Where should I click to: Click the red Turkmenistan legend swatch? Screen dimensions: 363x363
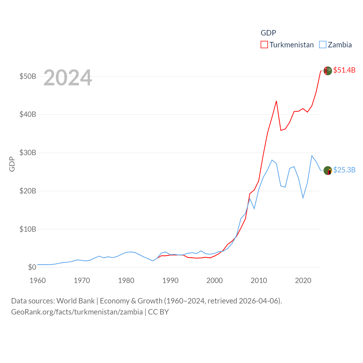[x=264, y=45]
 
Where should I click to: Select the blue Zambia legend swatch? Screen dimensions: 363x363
[x=323, y=45]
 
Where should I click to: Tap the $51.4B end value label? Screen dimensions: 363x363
[x=344, y=70]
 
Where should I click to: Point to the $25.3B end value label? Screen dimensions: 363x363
[x=344, y=170]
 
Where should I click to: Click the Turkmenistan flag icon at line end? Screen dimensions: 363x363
[x=328, y=71]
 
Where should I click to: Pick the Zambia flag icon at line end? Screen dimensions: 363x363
[x=328, y=170]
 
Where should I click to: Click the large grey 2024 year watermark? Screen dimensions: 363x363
[x=68, y=77]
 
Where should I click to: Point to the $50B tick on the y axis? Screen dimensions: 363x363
[x=28, y=76]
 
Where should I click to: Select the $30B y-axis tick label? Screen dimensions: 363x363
[x=28, y=153]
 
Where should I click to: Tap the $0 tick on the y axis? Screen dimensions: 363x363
[x=32, y=267]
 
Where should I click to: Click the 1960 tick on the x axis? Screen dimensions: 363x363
[x=38, y=280]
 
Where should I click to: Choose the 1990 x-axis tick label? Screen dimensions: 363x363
[x=170, y=280]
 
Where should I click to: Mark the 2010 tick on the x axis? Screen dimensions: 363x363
[x=259, y=280]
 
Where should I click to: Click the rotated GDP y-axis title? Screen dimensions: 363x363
[x=12, y=164]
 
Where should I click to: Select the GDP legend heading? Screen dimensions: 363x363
[x=268, y=33]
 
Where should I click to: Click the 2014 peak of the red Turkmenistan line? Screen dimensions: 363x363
[x=276, y=101]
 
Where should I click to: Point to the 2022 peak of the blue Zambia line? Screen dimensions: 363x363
[x=312, y=156]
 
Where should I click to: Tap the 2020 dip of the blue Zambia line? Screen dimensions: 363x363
[x=303, y=198]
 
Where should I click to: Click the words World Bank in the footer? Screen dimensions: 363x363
[x=75, y=301]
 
